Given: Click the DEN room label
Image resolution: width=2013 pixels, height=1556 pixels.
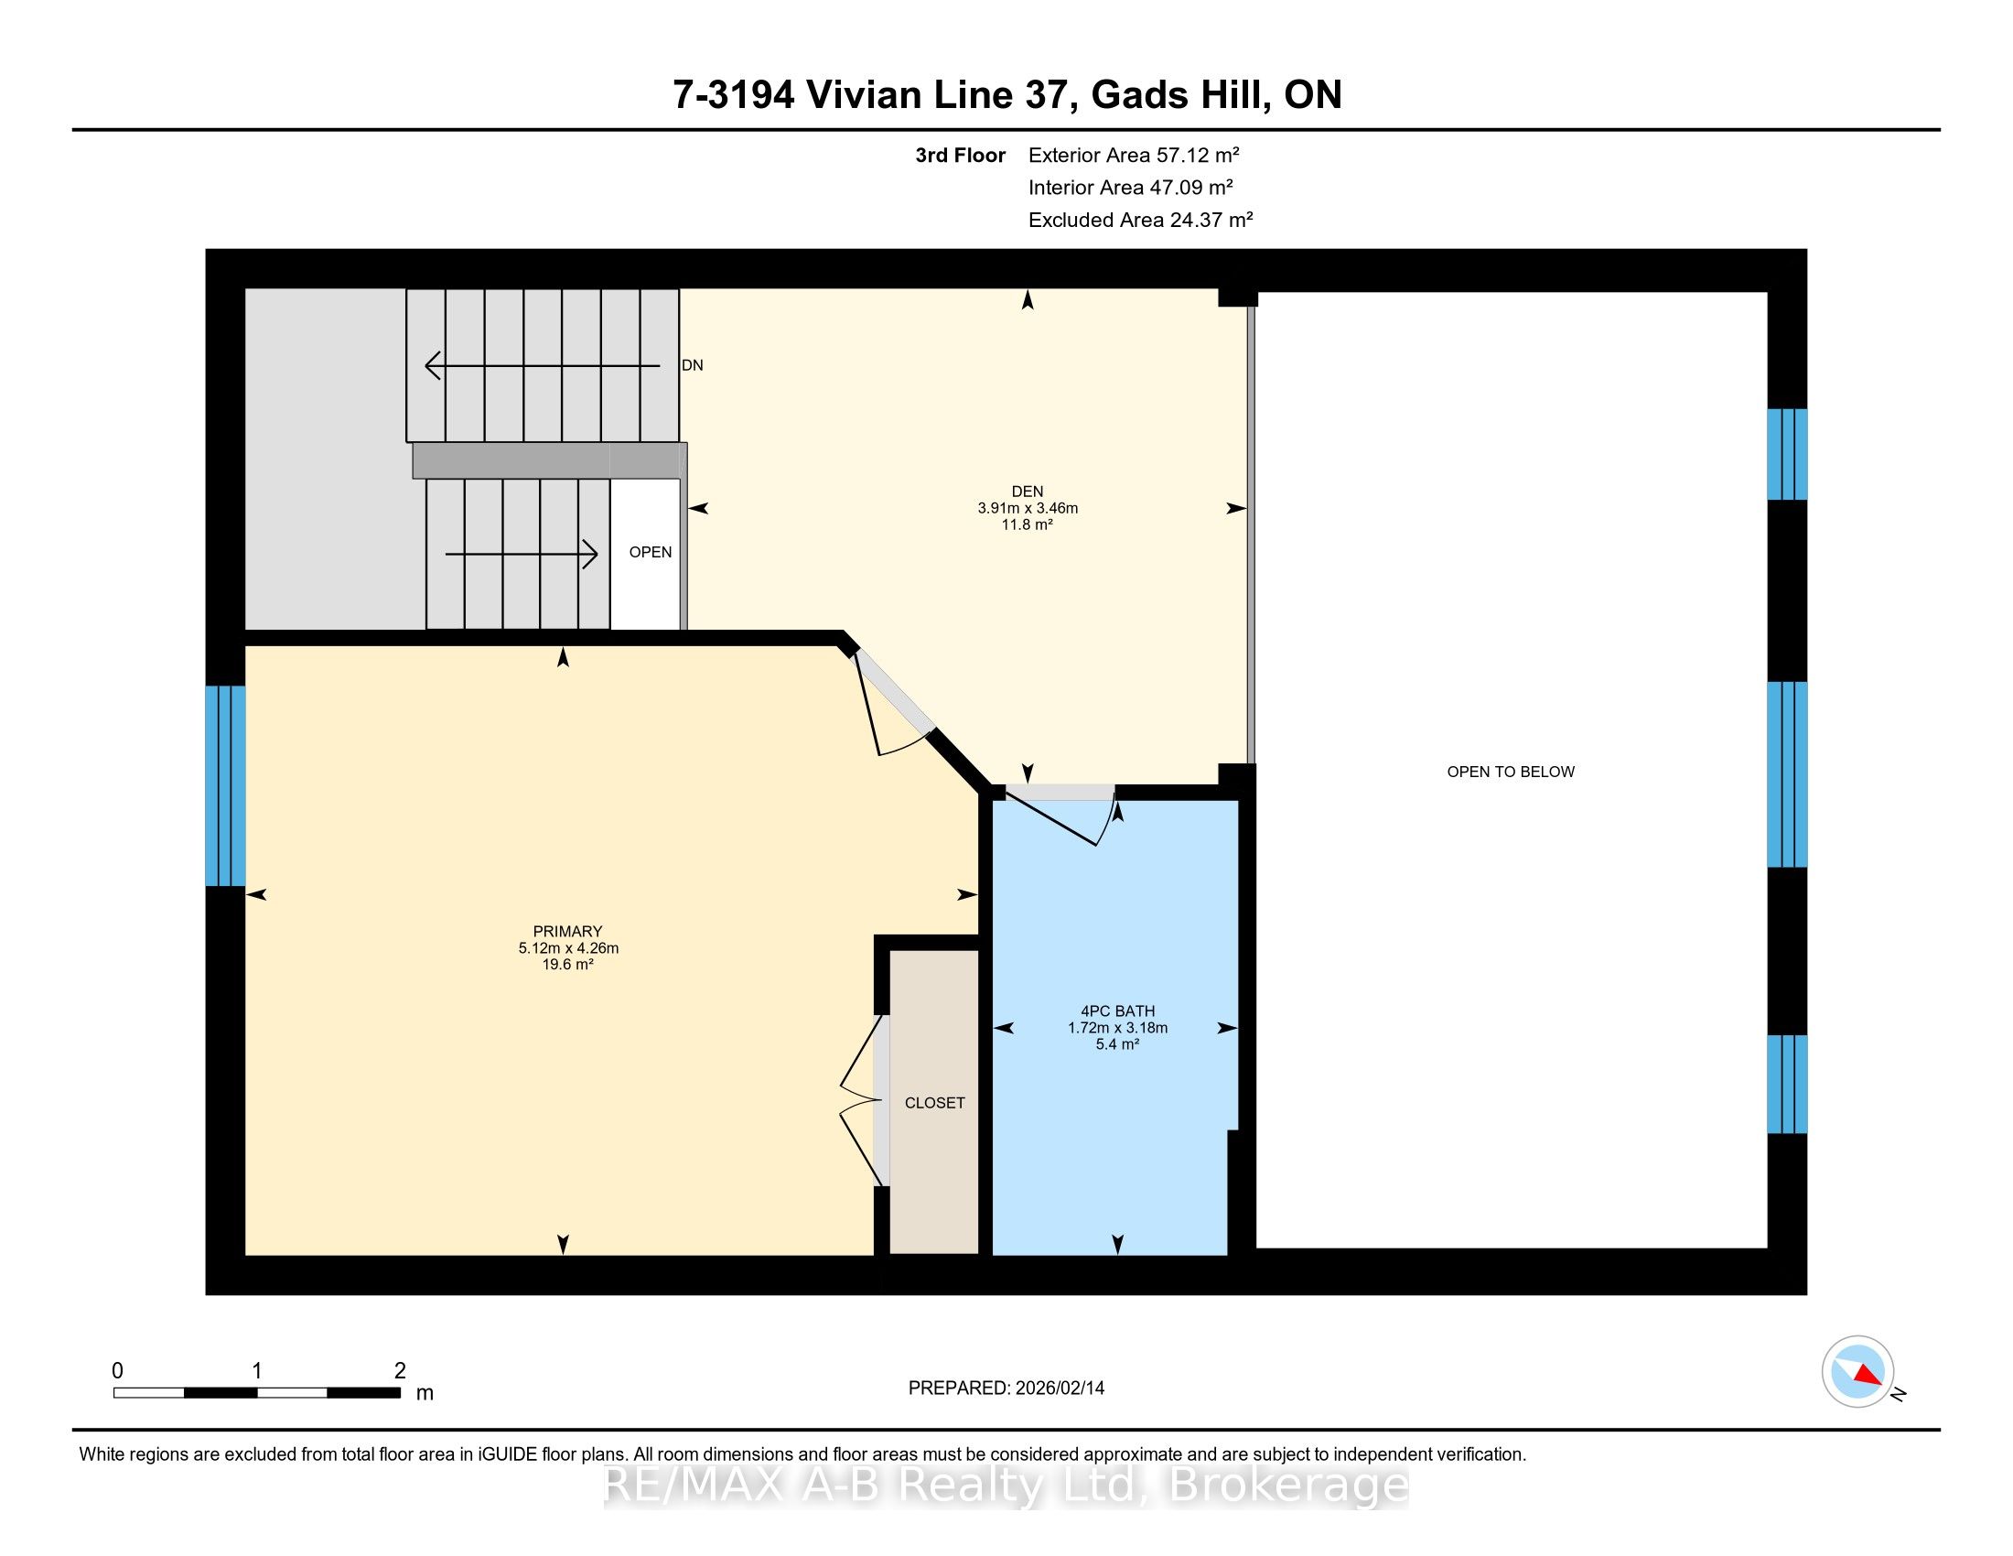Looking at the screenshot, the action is (1027, 492).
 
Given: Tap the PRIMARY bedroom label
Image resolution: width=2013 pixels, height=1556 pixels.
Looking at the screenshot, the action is (567, 931).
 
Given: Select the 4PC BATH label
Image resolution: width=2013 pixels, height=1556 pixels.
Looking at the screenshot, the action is (1117, 1011).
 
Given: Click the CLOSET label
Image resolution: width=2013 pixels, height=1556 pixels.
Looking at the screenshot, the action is (934, 1103).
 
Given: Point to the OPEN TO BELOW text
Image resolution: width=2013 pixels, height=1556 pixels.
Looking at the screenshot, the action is (1511, 772).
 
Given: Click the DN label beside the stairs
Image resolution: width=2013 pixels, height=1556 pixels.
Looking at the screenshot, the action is (693, 365).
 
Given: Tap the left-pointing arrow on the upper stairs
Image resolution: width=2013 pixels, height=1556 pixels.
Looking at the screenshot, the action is (542, 366).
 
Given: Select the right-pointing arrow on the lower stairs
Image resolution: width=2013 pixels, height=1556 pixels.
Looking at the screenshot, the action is (522, 554).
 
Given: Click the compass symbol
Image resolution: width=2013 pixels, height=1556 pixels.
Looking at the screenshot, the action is (1858, 1371).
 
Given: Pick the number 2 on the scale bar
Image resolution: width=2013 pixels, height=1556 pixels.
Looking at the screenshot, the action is (400, 1371).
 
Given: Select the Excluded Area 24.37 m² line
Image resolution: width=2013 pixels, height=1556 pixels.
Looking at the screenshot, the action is (1140, 220).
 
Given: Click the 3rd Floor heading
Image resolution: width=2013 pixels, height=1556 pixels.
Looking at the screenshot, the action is (960, 155).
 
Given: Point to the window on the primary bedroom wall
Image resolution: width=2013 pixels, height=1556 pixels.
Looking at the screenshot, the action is (225, 785).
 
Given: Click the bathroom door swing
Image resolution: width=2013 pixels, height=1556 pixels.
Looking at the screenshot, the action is (1060, 816).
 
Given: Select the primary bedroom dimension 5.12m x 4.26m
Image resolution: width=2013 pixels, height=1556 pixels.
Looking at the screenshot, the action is (568, 947).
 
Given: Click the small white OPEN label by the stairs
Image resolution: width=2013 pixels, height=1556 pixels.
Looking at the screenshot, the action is (650, 552).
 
